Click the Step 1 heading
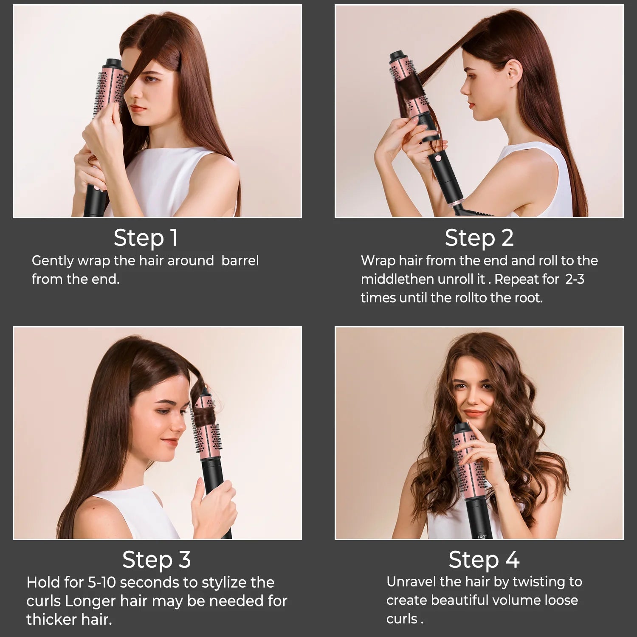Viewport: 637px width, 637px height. click(x=146, y=238)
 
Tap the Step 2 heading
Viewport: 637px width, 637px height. click(x=479, y=238)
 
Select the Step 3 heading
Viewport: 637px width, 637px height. click(x=156, y=560)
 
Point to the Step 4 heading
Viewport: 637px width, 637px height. click(x=484, y=560)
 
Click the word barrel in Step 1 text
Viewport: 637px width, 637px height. click(x=240, y=261)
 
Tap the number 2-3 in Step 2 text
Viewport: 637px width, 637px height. click(x=575, y=279)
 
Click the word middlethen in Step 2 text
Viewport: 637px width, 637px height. click(x=397, y=279)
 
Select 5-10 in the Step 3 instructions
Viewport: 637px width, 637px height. click(x=101, y=583)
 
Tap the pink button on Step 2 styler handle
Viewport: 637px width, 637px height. click(x=437, y=160)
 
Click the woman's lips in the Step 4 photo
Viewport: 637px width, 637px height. click(x=474, y=413)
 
